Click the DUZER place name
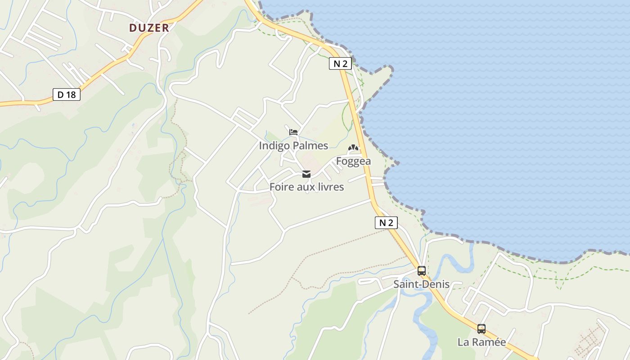click(x=149, y=28)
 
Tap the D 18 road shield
click(x=67, y=94)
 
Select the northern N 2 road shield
click(x=340, y=63)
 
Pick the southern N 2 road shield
click(x=386, y=222)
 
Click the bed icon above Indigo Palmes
click(x=293, y=132)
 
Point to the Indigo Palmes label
click(x=293, y=145)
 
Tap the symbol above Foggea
click(x=353, y=148)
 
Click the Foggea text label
click(x=353, y=161)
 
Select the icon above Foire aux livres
click(x=306, y=174)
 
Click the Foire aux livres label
click(x=306, y=187)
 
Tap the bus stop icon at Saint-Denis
click(x=422, y=271)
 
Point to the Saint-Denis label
click(x=422, y=284)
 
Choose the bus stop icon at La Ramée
click(x=481, y=329)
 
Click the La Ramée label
click(x=481, y=342)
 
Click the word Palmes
click(x=310, y=145)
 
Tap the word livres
click(x=331, y=187)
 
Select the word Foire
click(x=281, y=187)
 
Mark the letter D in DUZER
click(x=133, y=28)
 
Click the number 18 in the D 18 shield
click(x=71, y=94)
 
